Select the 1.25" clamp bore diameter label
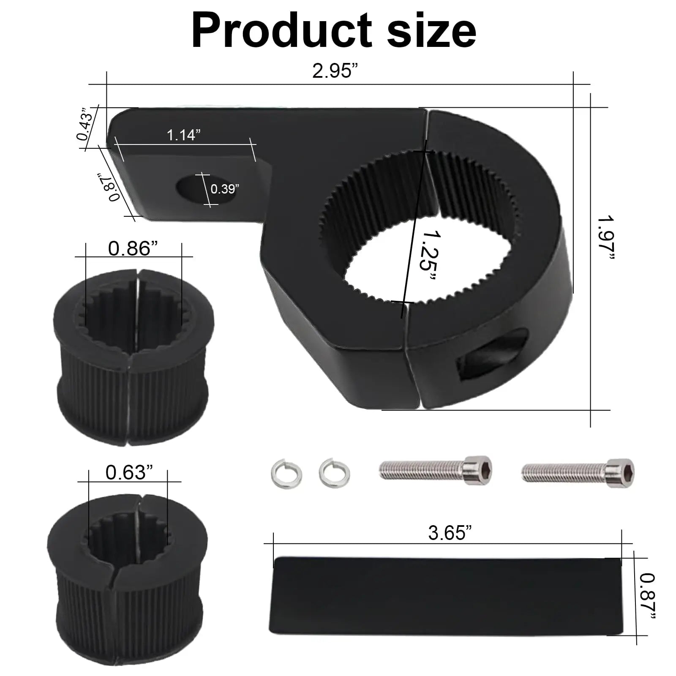click(x=427, y=256)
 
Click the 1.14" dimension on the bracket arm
click(x=183, y=135)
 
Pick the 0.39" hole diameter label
click(x=225, y=189)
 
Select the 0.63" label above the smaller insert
click(x=129, y=472)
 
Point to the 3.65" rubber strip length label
click(x=449, y=533)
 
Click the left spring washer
click(x=286, y=474)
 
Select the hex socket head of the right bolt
click(x=621, y=472)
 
